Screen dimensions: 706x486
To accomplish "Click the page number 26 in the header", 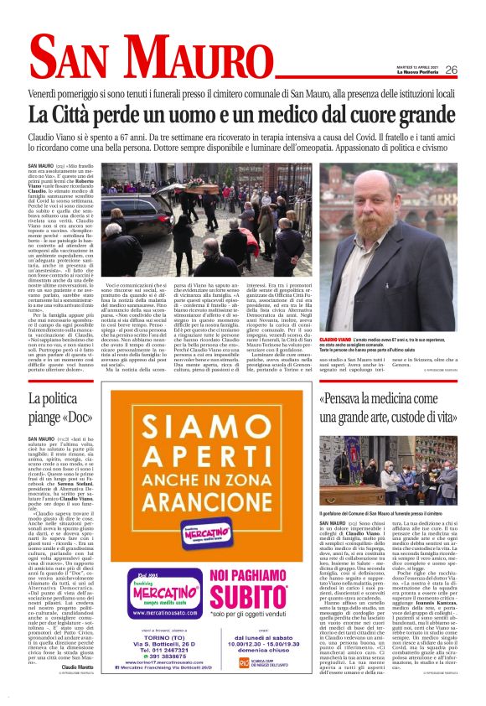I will coord(451,70).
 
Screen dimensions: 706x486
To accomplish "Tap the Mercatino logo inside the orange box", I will coord(207,532).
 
